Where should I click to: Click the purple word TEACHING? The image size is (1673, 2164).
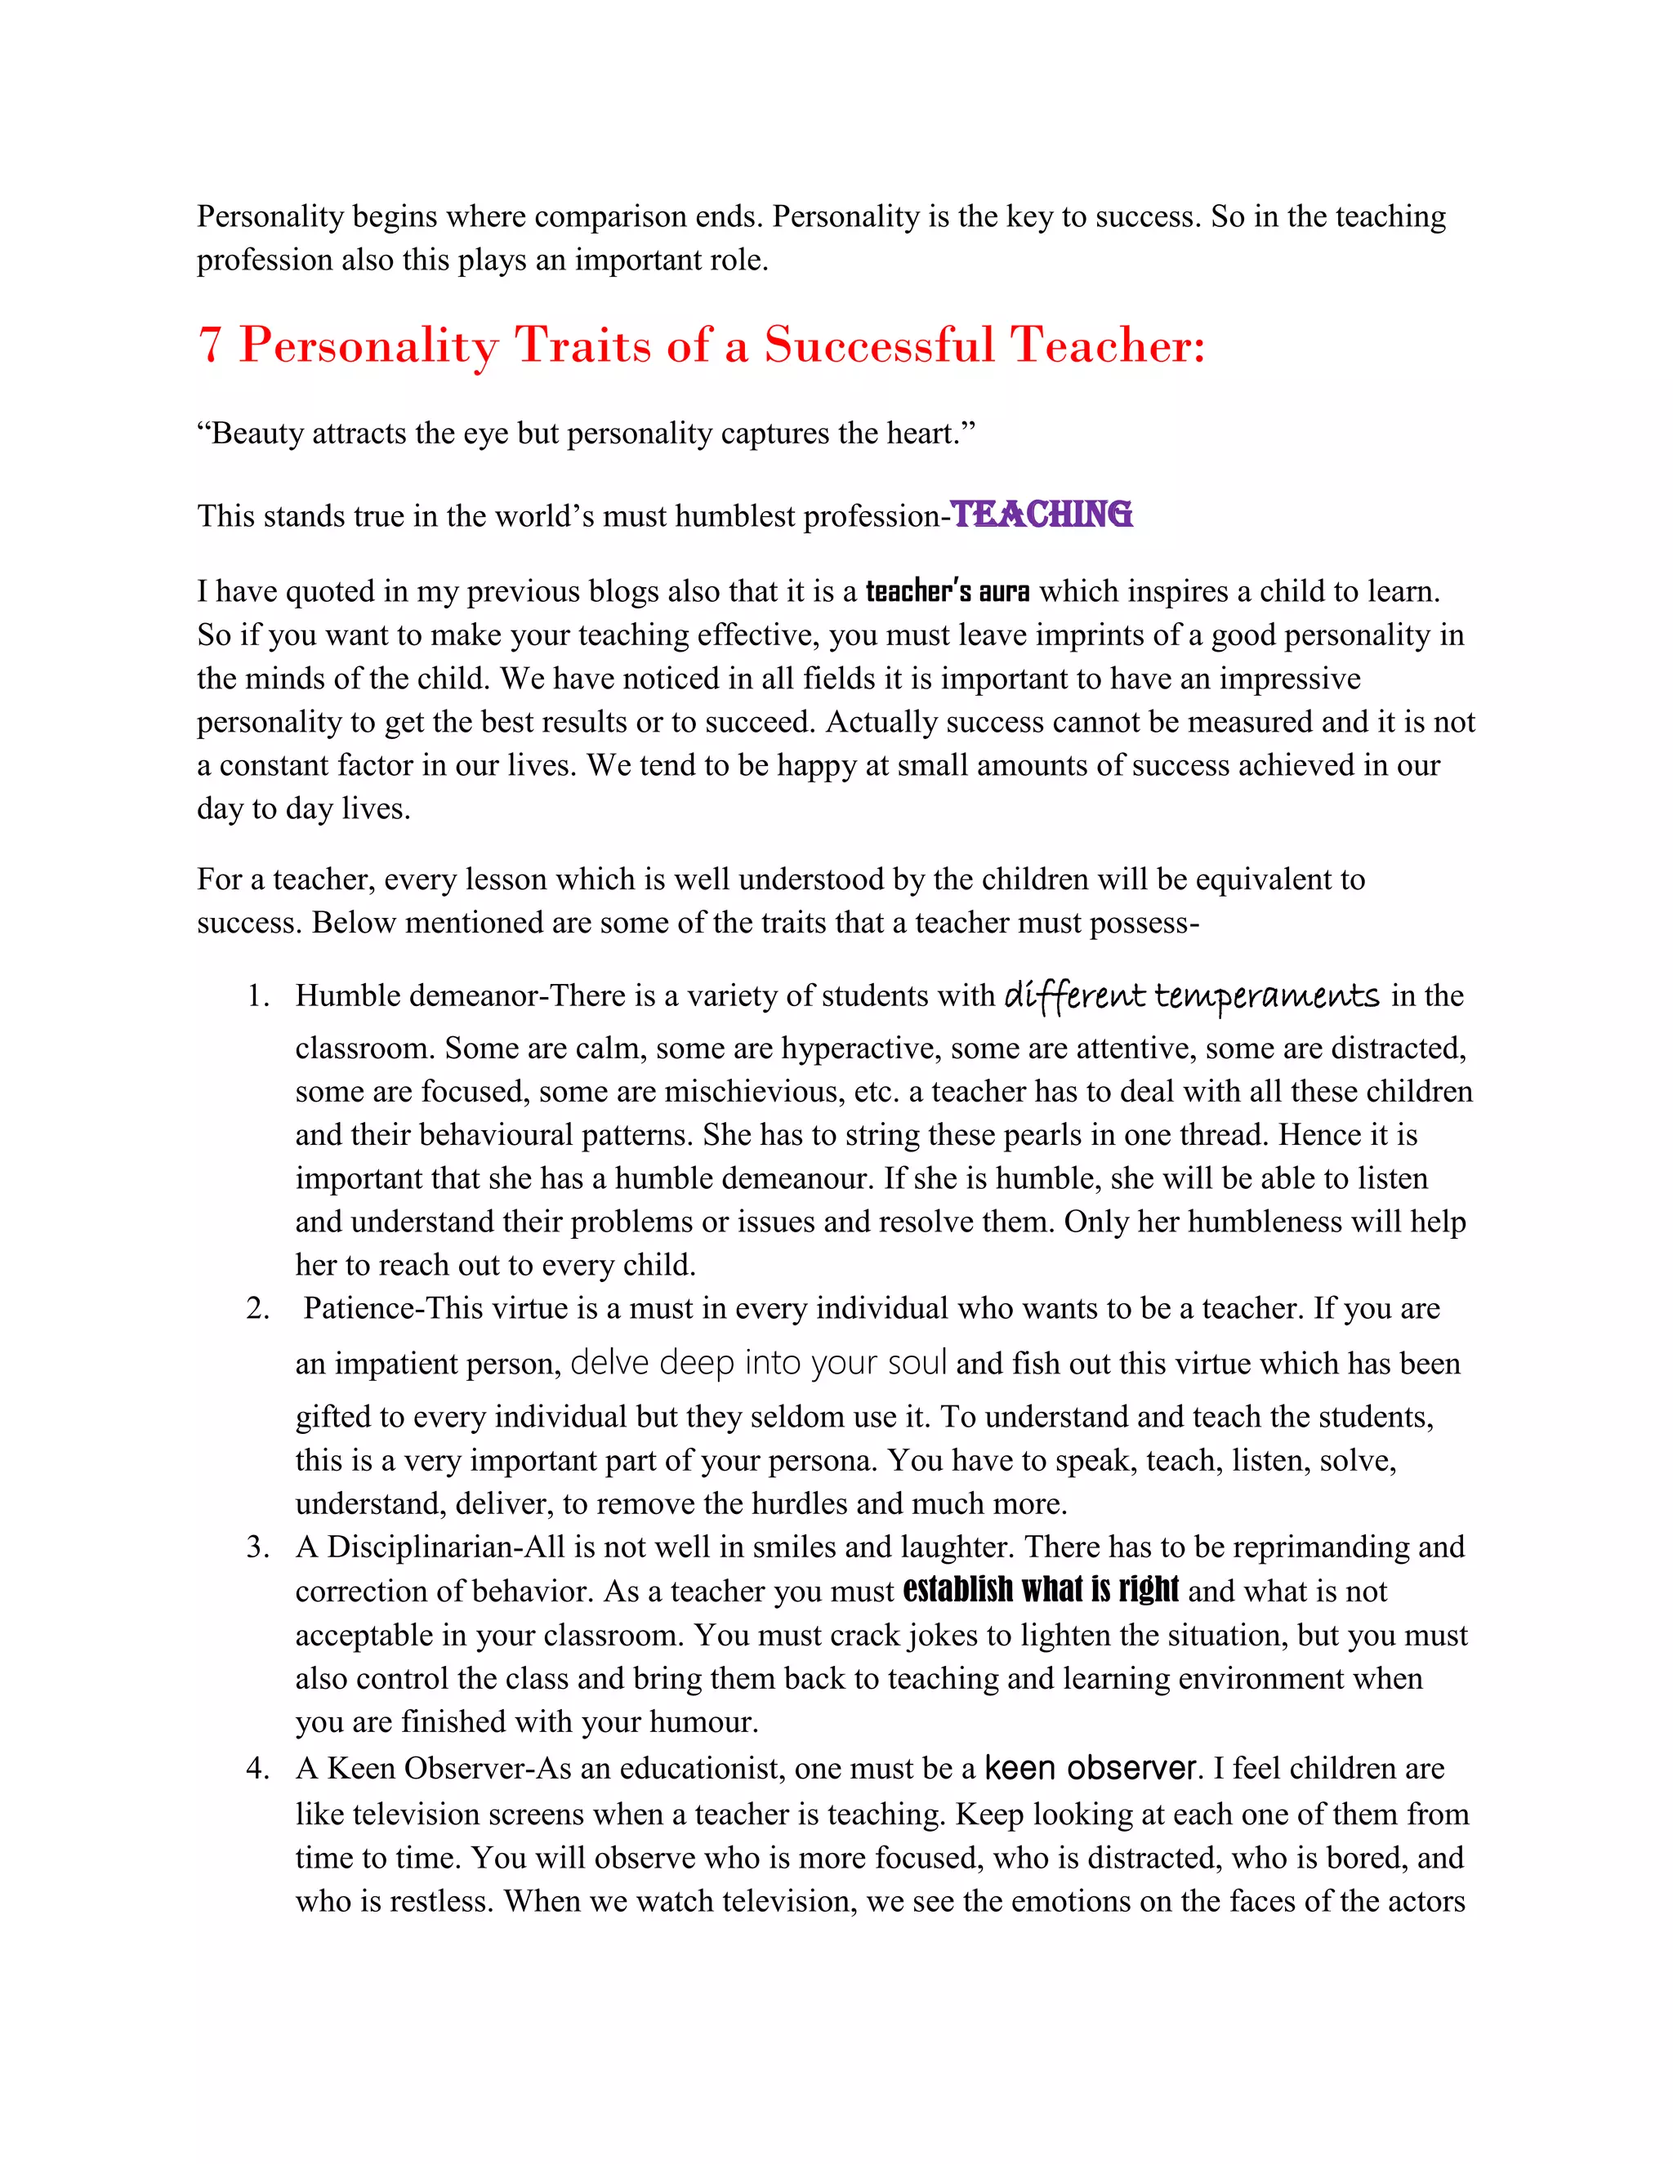(x=1042, y=514)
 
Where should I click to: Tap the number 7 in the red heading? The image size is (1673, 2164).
(x=209, y=345)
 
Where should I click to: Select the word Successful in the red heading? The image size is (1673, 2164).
(x=879, y=345)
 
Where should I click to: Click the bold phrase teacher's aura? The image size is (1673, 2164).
(x=948, y=591)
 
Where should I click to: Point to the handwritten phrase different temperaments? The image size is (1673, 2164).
(x=1191, y=995)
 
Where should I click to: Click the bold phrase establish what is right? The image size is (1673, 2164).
(x=1041, y=1590)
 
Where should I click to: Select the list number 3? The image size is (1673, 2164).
(x=257, y=1547)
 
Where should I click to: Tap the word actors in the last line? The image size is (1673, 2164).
(x=1419, y=1900)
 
